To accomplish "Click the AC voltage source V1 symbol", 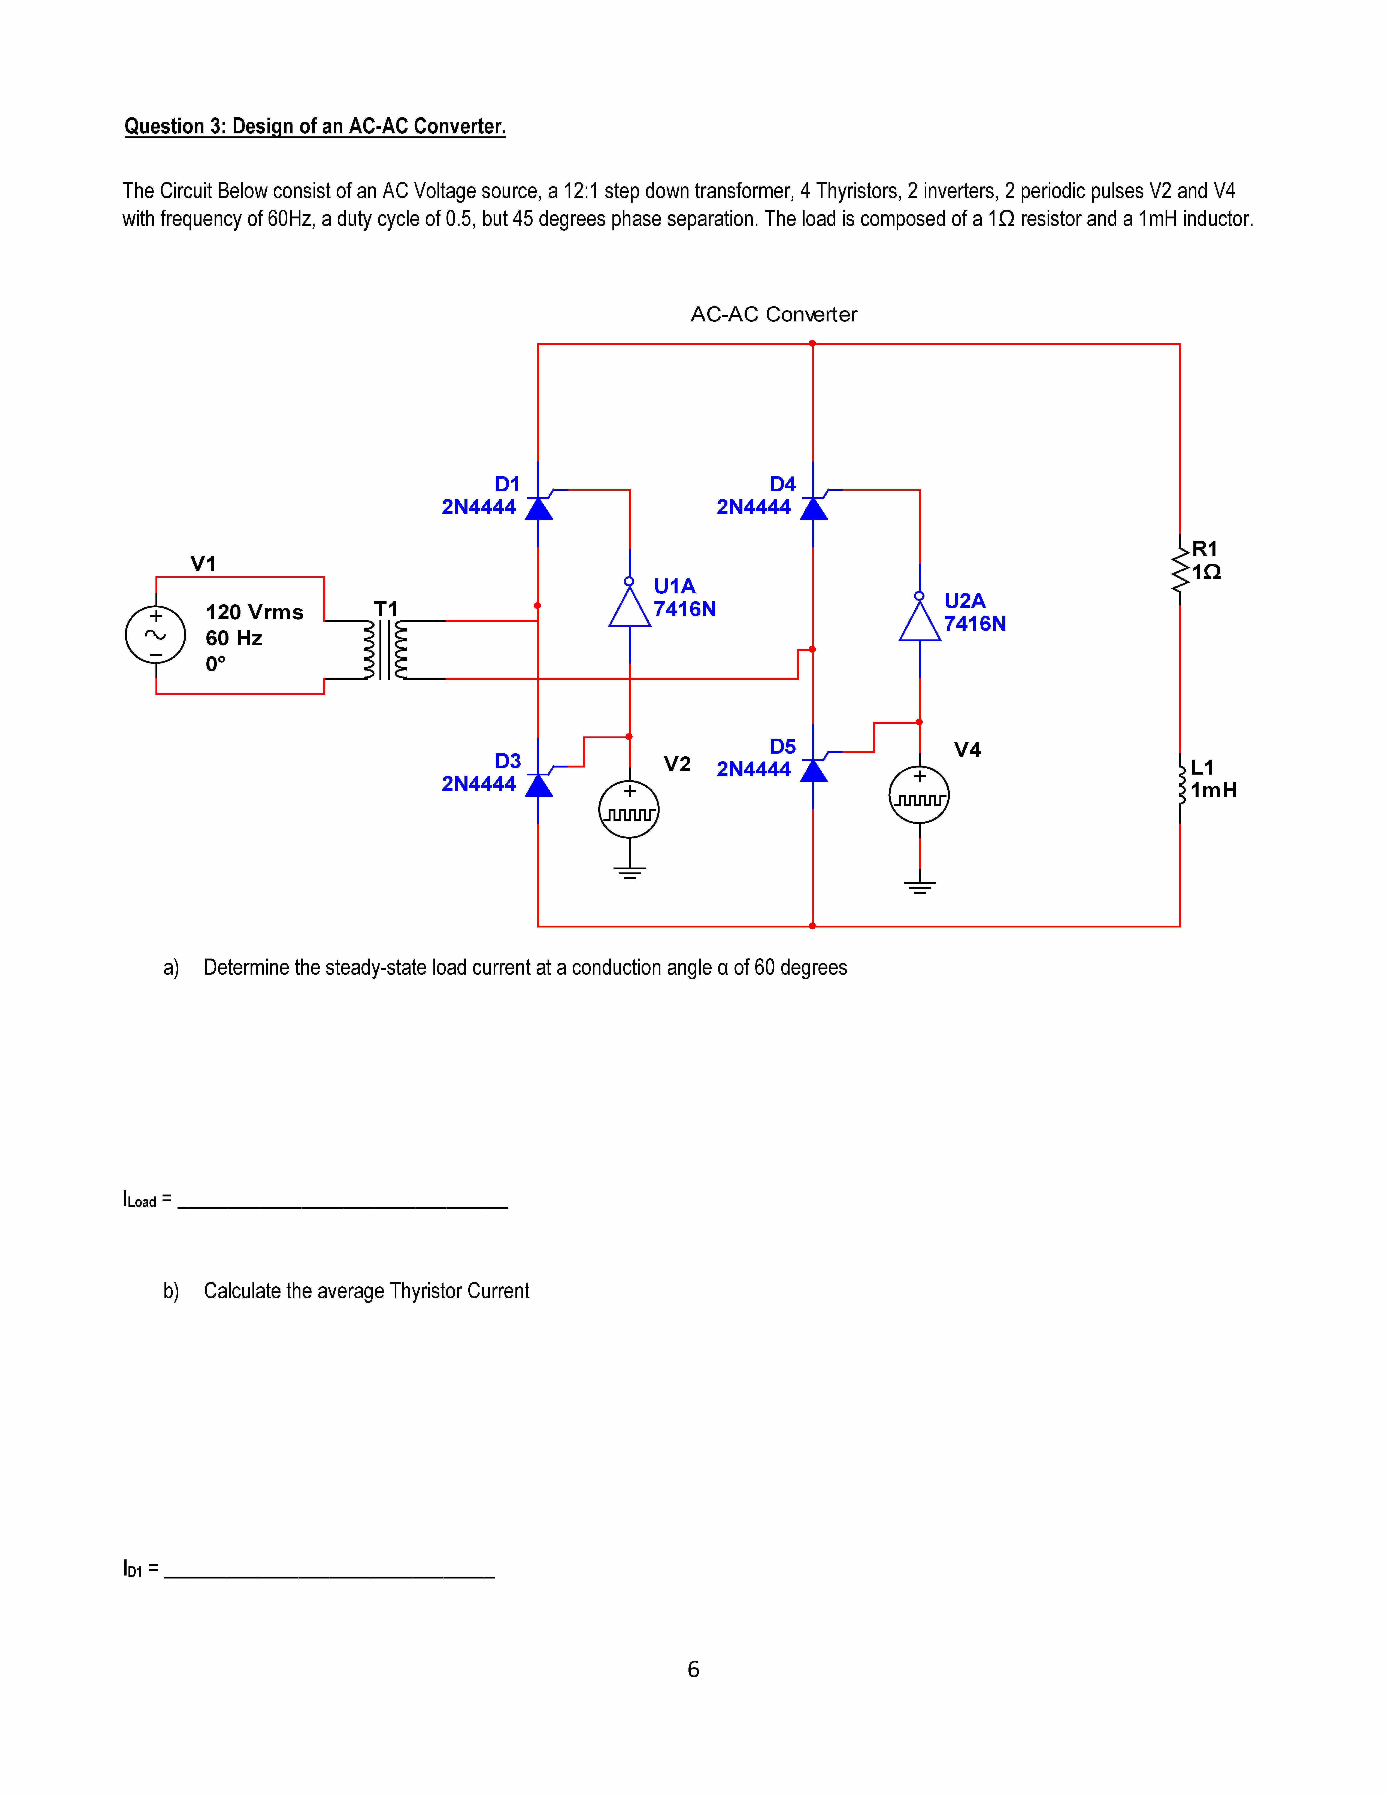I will click(155, 635).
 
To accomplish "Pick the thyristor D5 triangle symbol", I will click(813, 770).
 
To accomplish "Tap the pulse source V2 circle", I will click(629, 809).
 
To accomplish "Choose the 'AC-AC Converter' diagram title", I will click(773, 315).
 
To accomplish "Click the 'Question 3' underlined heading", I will click(315, 127).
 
